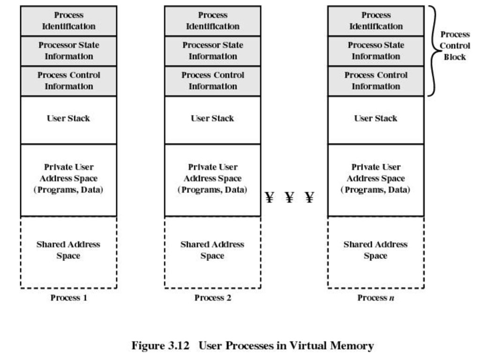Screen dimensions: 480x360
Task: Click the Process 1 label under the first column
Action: pos(69,298)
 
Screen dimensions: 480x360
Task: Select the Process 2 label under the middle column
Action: pos(213,298)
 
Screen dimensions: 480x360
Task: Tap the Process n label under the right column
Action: pos(375,298)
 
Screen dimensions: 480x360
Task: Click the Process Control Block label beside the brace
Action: pos(455,45)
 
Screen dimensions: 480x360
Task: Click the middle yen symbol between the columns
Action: pos(289,197)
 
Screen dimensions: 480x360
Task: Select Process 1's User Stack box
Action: pos(68,120)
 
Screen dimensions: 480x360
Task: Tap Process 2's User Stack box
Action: pos(213,120)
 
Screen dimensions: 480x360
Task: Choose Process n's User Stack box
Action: pos(376,120)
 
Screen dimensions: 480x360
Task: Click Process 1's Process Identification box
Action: pos(68,21)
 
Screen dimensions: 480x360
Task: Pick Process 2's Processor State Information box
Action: pos(213,51)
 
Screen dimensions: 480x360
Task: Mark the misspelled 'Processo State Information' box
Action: pos(376,51)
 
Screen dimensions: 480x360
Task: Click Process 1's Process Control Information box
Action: pos(68,81)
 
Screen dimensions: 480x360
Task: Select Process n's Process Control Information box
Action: pos(376,81)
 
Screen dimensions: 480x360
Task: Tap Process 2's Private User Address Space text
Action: pos(212,179)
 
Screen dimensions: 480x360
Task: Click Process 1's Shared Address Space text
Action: pos(68,250)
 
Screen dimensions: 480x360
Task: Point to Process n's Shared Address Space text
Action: pos(375,250)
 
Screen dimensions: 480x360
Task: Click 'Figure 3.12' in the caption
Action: pos(160,345)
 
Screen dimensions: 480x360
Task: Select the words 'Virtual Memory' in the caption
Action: pos(331,345)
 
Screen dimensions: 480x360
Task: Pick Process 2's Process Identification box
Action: pos(213,21)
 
